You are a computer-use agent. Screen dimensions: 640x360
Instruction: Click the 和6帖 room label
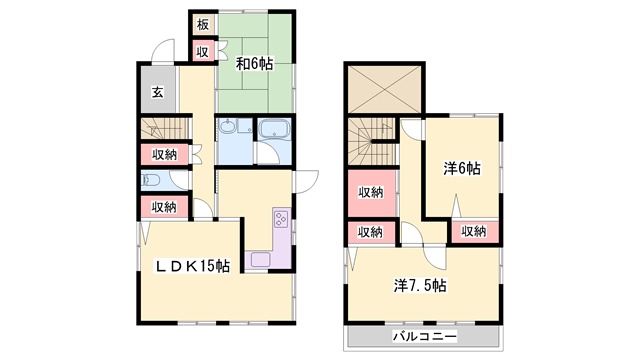tap(254, 64)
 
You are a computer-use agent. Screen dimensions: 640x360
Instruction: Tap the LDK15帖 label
tap(192, 266)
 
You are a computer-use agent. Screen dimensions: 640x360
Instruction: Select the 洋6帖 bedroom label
tap(462, 168)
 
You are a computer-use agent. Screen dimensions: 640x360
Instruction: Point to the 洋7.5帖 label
tap(420, 285)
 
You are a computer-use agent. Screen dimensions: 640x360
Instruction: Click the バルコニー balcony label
tap(424, 337)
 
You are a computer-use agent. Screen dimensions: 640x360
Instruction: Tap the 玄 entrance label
tap(158, 92)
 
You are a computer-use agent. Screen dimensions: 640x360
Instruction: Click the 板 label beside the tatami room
tap(203, 25)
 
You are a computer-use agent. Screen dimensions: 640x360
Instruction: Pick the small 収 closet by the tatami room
tap(203, 51)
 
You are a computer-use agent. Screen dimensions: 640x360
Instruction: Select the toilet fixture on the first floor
tap(151, 180)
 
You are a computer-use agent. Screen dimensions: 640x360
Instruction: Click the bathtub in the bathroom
tap(275, 129)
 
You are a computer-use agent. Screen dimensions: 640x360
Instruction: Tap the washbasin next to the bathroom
tap(227, 127)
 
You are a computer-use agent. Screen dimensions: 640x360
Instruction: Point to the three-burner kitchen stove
tap(281, 218)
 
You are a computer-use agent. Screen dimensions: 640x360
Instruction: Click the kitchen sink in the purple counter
tap(260, 260)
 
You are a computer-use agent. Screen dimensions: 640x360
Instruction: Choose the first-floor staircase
tap(165, 128)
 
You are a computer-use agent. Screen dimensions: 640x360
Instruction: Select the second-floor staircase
tap(371, 141)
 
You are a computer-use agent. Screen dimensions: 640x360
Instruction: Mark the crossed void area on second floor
tap(384, 89)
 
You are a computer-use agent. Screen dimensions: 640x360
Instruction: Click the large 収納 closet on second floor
tap(371, 193)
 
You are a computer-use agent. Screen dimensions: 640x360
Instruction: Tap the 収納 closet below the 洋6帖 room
tap(474, 232)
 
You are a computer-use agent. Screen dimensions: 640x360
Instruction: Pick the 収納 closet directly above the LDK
tap(164, 207)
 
